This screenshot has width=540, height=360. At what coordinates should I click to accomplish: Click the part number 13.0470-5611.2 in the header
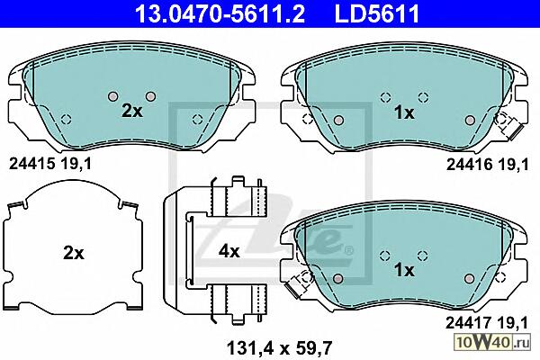220,13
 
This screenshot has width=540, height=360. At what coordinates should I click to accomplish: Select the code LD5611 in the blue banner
377,13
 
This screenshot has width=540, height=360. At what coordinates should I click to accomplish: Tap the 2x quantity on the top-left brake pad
132,111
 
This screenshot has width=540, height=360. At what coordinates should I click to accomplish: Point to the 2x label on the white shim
74,254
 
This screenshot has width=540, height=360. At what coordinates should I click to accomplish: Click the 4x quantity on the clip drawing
229,251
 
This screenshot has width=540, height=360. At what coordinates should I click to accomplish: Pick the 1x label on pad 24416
404,112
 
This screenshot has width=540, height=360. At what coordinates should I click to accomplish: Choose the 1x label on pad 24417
404,270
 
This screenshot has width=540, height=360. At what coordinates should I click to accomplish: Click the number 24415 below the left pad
32,164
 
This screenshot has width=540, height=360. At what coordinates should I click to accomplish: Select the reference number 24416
470,165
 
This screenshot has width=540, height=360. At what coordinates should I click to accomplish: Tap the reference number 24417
469,323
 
